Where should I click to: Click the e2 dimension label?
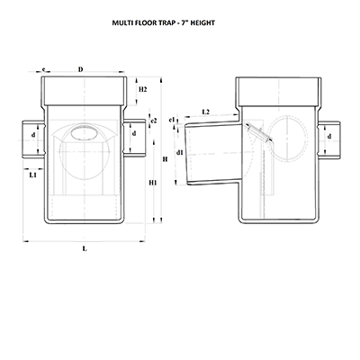tap(154, 121)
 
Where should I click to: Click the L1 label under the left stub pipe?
tap(33, 175)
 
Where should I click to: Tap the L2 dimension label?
tap(206, 112)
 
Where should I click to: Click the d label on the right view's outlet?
tap(332, 137)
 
